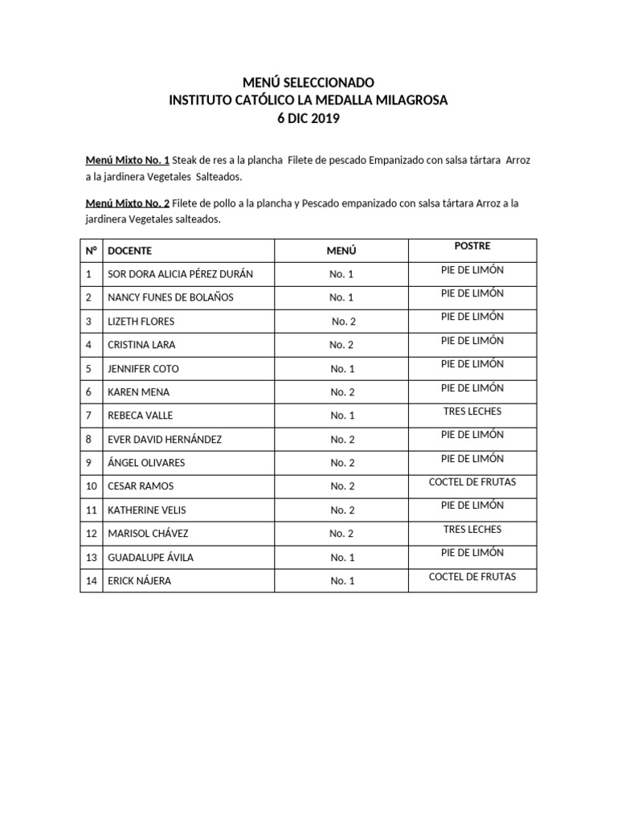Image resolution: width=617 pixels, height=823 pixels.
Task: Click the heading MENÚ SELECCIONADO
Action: click(308, 82)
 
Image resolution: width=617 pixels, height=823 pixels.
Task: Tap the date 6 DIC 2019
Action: click(308, 118)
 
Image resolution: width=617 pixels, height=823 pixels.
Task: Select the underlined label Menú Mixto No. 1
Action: click(128, 160)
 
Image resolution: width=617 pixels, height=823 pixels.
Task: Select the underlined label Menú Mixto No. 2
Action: click(128, 203)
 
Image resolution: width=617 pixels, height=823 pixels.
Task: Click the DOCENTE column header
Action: click(129, 251)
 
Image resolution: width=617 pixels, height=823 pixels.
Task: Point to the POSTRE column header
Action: click(472, 246)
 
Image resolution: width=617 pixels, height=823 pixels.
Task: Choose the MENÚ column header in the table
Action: click(341, 251)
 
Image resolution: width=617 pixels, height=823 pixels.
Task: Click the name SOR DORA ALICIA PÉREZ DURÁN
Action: click(180, 274)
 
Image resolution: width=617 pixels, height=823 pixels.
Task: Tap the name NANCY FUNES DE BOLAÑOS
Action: click(170, 297)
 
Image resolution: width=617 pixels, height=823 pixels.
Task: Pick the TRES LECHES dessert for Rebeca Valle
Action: click(472, 411)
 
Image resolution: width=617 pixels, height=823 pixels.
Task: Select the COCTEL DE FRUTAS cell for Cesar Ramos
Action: click(472, 481)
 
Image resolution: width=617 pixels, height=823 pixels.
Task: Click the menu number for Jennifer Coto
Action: click(341, 369)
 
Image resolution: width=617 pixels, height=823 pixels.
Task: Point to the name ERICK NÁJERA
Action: click(139, 581)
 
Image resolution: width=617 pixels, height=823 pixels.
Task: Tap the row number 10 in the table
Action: click(91, 486)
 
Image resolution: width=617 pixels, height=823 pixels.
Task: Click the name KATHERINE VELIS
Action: click(146, 510)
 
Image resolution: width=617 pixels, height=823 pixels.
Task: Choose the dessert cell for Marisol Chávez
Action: click(472, 529)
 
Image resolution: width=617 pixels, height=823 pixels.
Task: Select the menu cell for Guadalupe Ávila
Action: click(341, 557)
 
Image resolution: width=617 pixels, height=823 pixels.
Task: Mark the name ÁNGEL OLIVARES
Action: click(146, 463)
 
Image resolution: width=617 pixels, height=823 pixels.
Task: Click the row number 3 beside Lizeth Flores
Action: click(90, 321)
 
